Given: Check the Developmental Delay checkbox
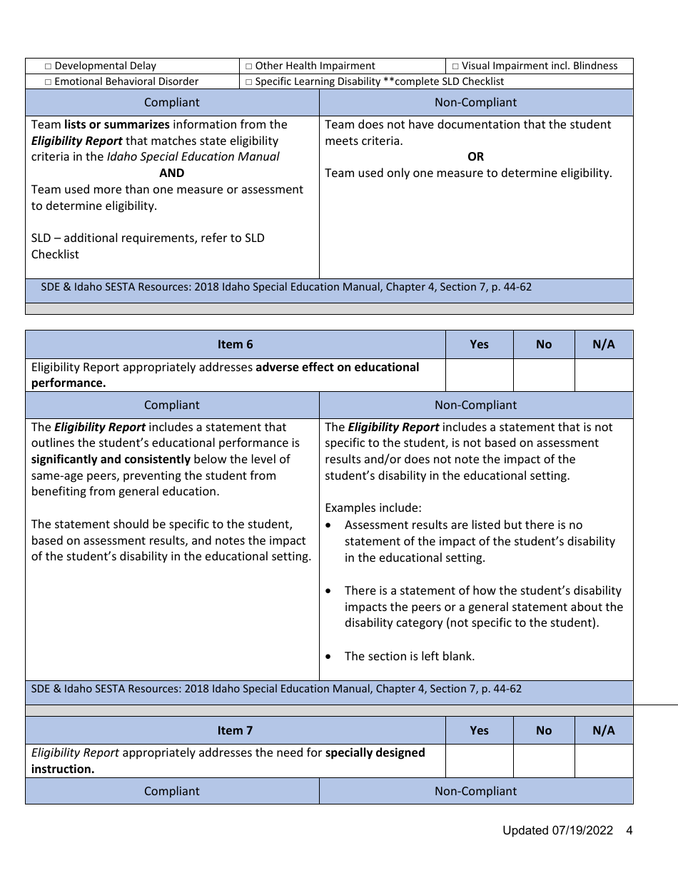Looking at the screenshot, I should point(49,66).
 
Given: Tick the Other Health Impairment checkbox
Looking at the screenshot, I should point(249,66).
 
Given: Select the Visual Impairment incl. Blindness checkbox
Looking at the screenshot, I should point(455,66).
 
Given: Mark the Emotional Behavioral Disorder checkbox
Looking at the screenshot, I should point(49,82).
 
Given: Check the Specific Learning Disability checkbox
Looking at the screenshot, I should point(249,82).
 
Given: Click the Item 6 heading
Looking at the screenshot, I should point(235,344).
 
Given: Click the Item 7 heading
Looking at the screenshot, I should point(235,730).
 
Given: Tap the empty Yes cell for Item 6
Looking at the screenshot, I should point(479,375).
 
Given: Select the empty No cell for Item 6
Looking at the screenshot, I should point(543,375).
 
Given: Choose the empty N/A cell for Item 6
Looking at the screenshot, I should point(603,375).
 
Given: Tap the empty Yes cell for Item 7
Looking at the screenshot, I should point(479,761).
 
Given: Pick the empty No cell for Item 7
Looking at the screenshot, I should point(543,761).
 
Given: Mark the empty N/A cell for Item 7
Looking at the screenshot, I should point(603,761).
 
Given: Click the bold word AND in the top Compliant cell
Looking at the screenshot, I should point(172,173).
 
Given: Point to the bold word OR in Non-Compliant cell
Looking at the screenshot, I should point(475,156).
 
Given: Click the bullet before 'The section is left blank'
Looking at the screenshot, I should point(328,657).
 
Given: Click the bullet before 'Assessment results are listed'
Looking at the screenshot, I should point(328,525).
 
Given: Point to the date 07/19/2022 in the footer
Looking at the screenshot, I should point(582,830).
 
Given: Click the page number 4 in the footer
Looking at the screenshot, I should point(629,830).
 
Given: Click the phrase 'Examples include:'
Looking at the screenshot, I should point(373,508).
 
